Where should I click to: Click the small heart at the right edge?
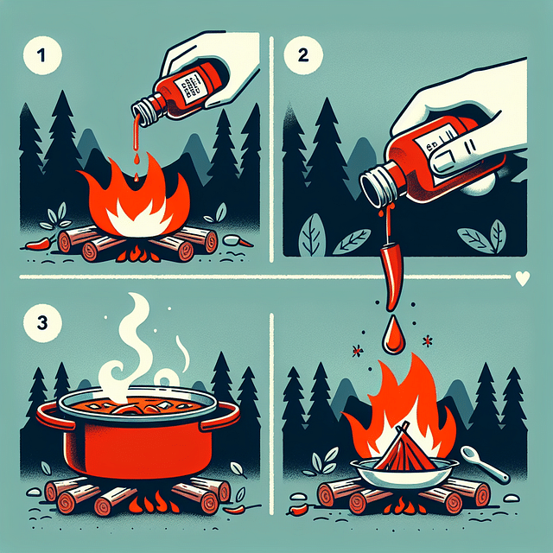(x=520, y=278)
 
